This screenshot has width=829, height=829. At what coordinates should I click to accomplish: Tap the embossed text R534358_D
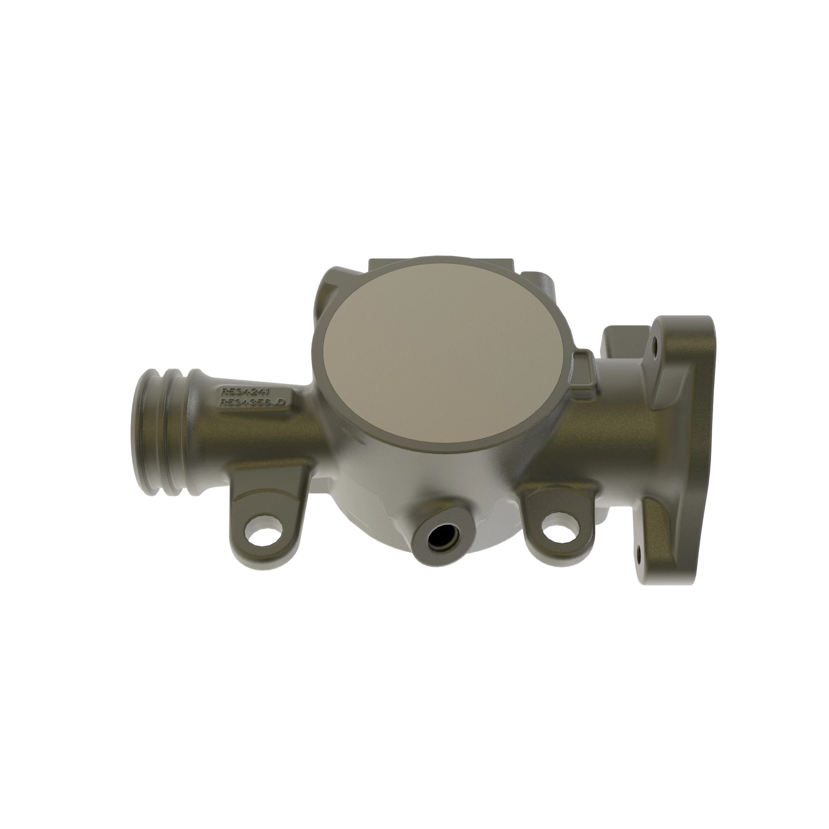click(252, 402)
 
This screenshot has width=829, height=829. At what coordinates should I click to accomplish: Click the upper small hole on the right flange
click(655, 344)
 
